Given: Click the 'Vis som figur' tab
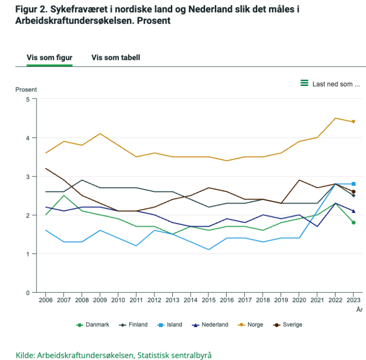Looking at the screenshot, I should [49, 57].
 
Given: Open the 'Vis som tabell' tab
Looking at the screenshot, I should [115, 57].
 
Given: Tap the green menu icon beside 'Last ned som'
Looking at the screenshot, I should [304, 83].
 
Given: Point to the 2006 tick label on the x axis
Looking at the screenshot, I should [45, 301].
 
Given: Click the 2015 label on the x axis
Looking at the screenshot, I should [209, 301].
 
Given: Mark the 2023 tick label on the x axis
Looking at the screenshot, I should [354, 301].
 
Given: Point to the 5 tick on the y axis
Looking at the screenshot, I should [27, 99].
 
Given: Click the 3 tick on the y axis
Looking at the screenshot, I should [27, 176].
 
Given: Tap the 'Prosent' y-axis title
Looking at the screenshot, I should [26, 89].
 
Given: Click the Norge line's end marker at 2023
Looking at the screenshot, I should [354, 121].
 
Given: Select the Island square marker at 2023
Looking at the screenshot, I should [354, 184].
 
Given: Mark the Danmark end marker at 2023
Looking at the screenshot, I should [354, 222].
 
